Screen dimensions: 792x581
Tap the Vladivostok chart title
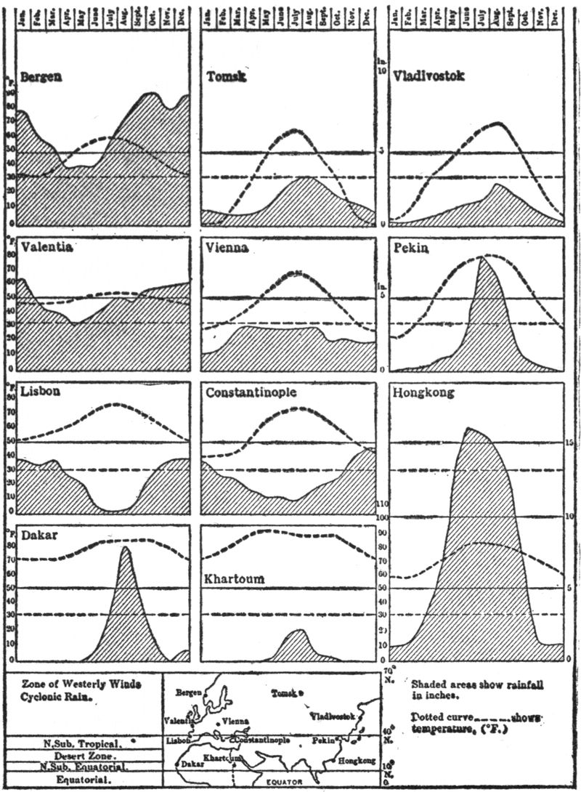click(429, 75)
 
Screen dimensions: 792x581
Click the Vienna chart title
click(227, 248)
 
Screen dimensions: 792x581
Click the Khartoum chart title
click(233, 580)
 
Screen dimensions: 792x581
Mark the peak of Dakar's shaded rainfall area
click(125, 547)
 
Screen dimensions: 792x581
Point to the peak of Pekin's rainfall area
click(482, 258)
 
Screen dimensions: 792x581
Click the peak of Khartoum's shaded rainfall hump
click(298, 630)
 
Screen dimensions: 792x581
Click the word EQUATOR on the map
click(290, 782)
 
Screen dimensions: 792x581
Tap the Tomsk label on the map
click(284, 694)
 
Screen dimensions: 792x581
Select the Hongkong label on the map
click(356, 760)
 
